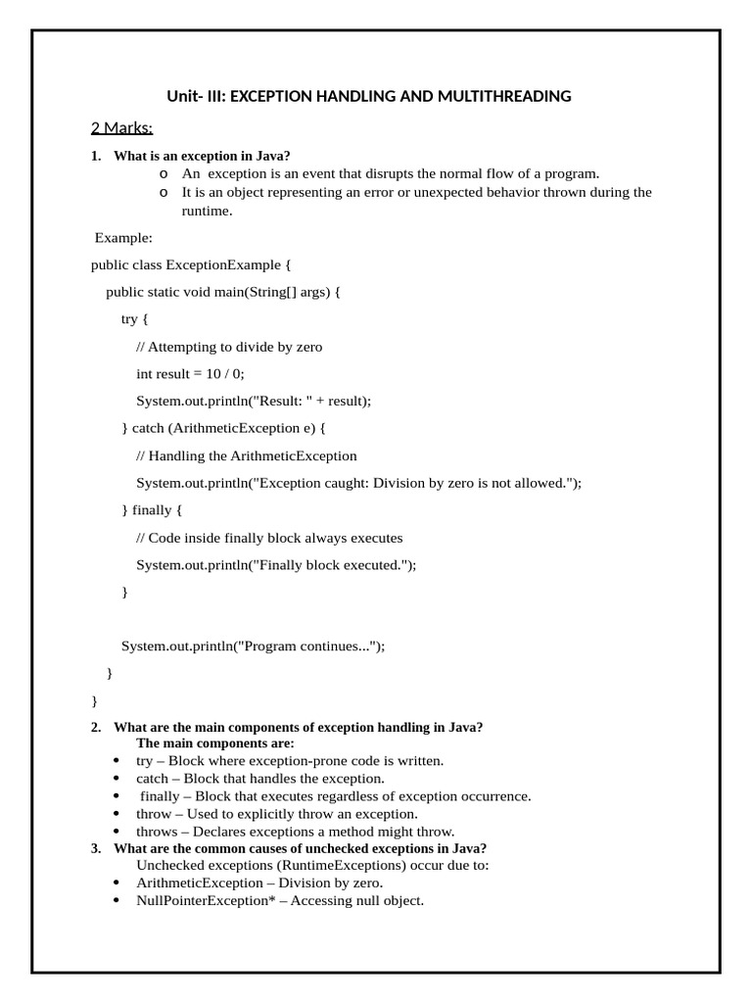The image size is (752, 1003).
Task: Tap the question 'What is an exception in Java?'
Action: [202, 156]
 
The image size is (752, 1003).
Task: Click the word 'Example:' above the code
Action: [123, 237]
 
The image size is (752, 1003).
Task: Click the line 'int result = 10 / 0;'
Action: [190, 373]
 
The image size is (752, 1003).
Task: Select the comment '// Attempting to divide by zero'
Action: [229, 346]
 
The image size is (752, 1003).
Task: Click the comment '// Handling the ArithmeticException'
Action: [247, 455]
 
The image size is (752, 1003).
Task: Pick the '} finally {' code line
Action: [152, 510]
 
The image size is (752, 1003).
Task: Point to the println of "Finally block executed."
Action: [276, 565]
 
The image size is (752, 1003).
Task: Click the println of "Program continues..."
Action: [253, 646]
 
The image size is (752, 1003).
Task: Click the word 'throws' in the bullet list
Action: [157, 831]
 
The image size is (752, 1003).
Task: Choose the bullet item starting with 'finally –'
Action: [335, 795]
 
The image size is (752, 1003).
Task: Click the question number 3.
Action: [96, 848]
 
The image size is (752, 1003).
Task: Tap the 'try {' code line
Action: [136, 318]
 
